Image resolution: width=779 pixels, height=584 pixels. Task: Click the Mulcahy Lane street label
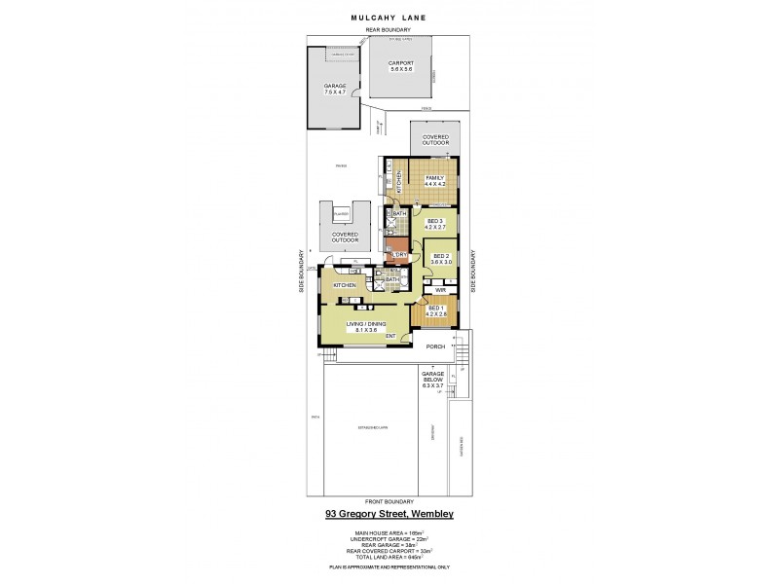click(389, 17)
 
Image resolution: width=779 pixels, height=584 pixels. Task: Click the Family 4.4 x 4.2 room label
click(434, 181)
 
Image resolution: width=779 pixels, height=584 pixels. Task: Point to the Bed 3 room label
click(435, 224)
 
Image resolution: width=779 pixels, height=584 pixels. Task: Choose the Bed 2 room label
click(443, 260)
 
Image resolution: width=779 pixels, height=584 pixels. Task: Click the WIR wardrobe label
click(440, 290)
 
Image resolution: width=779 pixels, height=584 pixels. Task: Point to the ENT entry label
click(389, 337)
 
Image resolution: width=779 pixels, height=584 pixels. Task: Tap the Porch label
click(435, 346)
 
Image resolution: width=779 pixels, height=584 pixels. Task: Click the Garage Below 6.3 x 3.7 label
click(432, 381)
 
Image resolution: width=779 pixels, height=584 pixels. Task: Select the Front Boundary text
click(389, 501)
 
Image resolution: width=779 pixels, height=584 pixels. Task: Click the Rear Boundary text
click(389, 30)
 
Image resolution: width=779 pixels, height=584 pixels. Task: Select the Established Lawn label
click(373, 427)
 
